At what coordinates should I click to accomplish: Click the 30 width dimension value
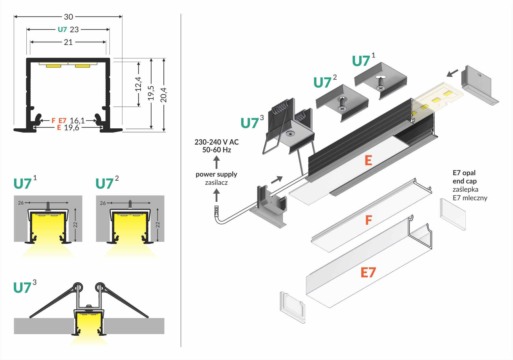click(x=68, y=17)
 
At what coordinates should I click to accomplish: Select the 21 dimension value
click(x=68, y=42)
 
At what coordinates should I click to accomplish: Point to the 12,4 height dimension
click(x=138, y=84)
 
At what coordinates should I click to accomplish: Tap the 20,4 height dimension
click(x=164, y=95)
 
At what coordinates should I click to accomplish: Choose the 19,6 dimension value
click(x=72, y=128)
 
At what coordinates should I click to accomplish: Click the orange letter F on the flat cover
click(x=368, y=220)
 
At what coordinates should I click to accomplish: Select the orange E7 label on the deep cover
click(x=368, y=273)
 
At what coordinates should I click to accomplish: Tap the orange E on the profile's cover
click(x=368, y=161)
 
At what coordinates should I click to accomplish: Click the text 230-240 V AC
click(x=216, y=142)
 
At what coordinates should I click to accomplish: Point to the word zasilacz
click(x=216, y=182)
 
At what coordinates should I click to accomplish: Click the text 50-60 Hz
click(x=216, y=150)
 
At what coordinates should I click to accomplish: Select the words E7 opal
click(x=464, y=173)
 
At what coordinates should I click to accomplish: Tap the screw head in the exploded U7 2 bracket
click(x=342, y=109)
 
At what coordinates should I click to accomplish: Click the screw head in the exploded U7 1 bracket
click(x=381, y=88)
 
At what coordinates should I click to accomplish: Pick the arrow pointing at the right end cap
click(x=452, y=73)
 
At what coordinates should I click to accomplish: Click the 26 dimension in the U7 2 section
click(x=103, y=203)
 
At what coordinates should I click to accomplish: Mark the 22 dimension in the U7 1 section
click(x=75, y=225)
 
